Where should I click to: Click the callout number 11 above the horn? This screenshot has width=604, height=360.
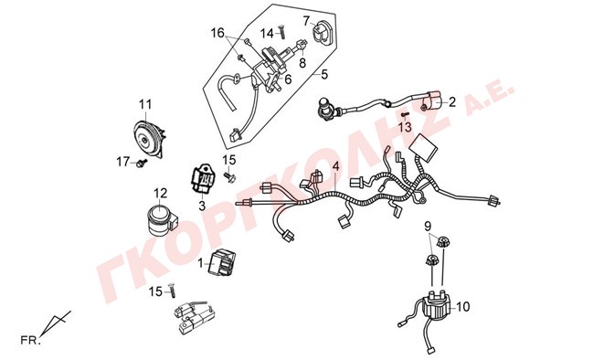pos(145,104)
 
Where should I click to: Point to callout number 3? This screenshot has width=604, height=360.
pos(202,206)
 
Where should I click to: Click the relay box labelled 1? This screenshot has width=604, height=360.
pos(222,262)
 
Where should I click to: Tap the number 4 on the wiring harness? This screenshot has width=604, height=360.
pos(336,166)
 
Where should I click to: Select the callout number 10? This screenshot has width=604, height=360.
pos(463,307)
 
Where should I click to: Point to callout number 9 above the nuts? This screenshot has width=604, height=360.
pos(428,226)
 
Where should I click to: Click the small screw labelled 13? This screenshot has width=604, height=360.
pos(405,115)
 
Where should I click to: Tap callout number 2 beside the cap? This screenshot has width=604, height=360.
pos(452,102)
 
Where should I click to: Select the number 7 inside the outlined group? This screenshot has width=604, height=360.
pos(306,21)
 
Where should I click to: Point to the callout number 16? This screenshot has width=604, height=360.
pos(217,33)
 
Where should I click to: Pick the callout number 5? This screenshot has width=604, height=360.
pos(324,74)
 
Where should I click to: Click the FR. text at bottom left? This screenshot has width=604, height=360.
pos(30,341)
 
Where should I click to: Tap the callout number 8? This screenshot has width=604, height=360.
pos(302,63)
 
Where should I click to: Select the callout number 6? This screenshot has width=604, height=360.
pos(288,79)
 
